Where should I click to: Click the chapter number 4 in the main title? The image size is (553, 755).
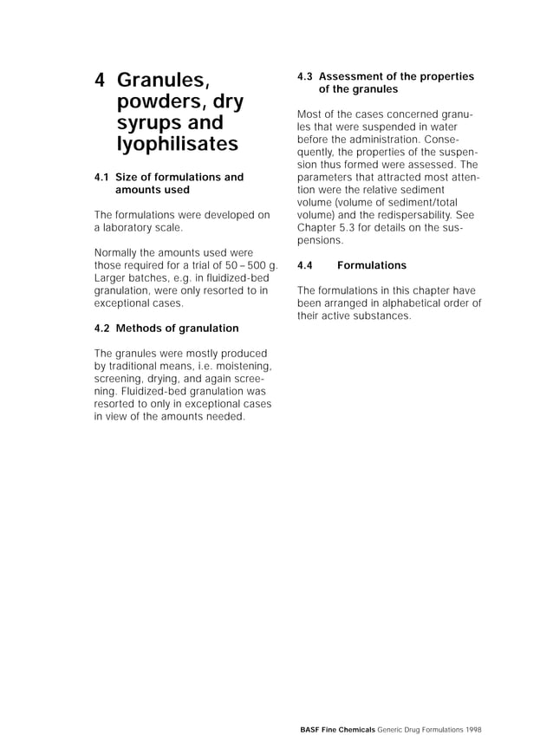100,81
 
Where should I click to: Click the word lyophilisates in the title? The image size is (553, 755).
177,144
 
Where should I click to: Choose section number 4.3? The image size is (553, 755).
304,76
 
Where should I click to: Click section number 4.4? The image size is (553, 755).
304,265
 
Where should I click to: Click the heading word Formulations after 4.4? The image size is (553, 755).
371,265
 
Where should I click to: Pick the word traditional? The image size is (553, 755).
136,366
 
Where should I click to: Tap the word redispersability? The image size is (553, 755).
402,214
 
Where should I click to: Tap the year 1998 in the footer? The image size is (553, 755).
472,730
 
